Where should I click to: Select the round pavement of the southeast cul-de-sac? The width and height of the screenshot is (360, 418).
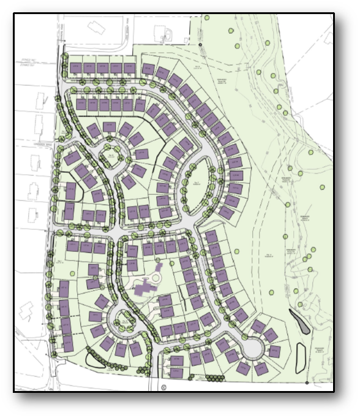tap(252, 348)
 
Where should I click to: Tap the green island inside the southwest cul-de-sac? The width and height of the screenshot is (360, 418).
tap(120, 319)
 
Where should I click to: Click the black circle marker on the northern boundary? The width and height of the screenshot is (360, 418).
tap(200, 45)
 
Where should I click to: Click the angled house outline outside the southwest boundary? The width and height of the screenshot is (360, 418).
tap(26, 311)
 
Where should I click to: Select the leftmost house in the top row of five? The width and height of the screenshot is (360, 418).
tap(75, 67)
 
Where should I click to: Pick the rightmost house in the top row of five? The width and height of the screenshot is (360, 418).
tap(130, 67)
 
